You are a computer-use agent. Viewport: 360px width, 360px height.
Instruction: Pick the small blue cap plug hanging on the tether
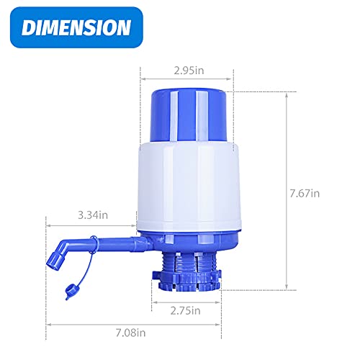click(69, 292)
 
